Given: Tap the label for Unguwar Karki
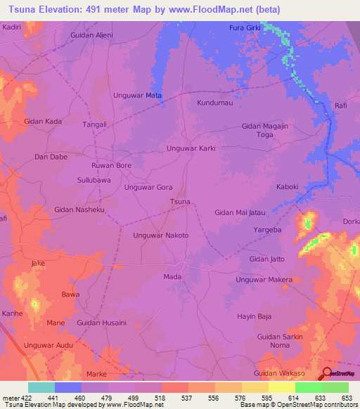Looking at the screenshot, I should [191, 148].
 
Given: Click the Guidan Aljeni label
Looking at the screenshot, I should [92, 34].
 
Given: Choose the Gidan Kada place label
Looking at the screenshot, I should [43, 122].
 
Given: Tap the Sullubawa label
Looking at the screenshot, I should [94, 180].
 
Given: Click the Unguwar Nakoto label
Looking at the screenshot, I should [161, 235].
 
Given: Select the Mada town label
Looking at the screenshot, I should [172, 277].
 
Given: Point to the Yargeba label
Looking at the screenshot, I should [267, 230].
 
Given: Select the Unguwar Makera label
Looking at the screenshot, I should [264, 280].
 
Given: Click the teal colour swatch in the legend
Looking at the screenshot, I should [41, 387].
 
